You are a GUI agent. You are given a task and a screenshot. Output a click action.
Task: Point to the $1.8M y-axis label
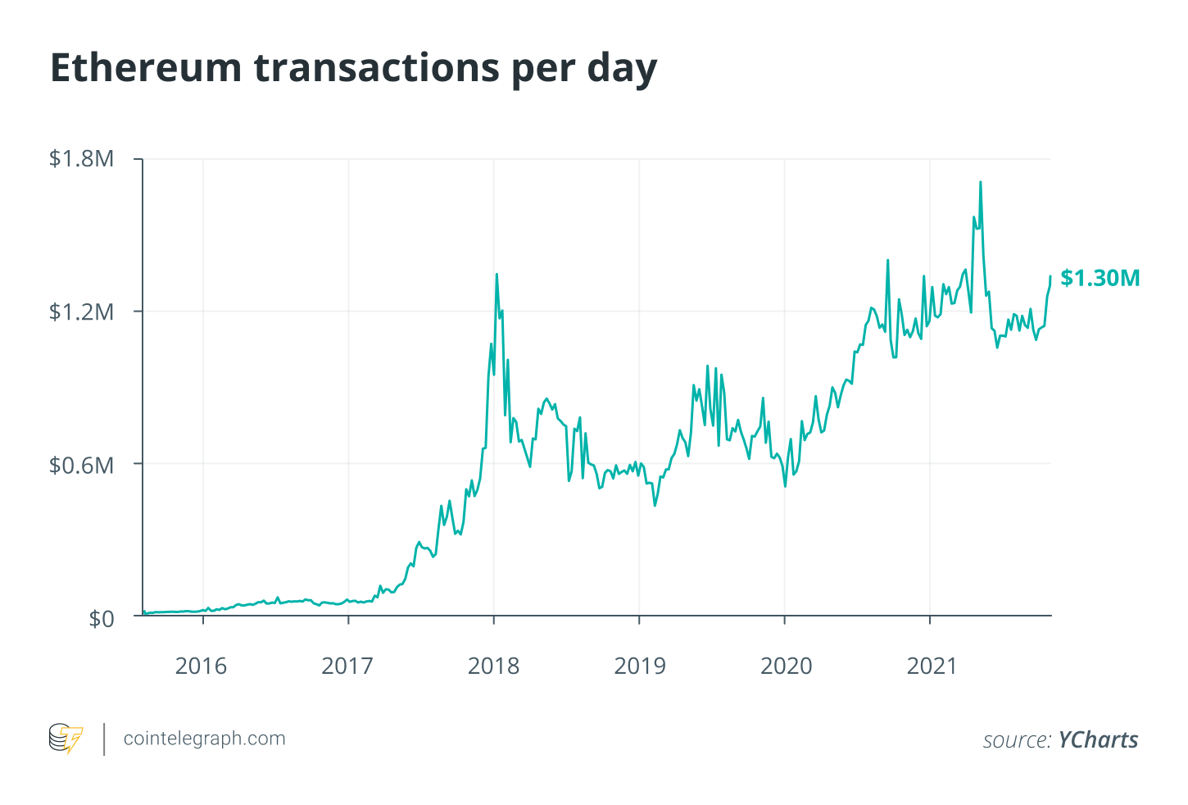coord(81,158)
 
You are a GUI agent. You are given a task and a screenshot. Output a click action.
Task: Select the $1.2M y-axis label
coord(81,312)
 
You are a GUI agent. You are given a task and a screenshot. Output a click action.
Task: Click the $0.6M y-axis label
coord(81,465)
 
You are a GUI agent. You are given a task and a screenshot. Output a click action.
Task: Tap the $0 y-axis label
coord(101,617)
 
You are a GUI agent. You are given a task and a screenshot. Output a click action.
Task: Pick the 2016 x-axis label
coord(202,665)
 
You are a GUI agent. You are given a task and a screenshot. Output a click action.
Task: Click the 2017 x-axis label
coord(347,665)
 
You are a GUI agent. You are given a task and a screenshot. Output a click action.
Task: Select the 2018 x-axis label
coord(493,665)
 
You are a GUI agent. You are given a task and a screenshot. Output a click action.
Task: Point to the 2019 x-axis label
coord(640,665)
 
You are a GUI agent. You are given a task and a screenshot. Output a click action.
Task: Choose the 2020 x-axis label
coord(786,665)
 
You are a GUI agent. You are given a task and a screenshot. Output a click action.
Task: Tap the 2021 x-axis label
coord(932,665)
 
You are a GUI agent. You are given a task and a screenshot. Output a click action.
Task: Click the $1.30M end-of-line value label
coord(1100,278)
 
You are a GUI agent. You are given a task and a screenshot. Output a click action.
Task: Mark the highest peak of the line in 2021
coord(980,182)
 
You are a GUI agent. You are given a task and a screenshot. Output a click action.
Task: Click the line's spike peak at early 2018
coord(497,275)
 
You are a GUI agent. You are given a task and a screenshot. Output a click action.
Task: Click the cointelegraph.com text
coord(204,738)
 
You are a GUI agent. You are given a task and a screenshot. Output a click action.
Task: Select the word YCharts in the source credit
coord(1098,739)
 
